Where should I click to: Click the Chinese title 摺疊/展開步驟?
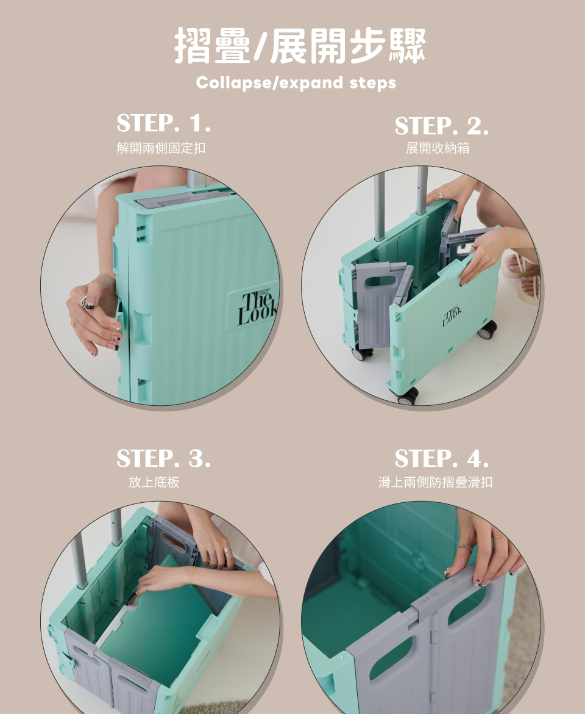(x=300, y=46)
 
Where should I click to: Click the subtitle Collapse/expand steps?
(x=296, y=83)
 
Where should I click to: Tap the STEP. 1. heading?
(x=164, y=123)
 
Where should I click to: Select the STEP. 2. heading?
(x=441, y=126)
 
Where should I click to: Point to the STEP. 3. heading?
(x=164, y=458)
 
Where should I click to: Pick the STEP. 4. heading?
(x=441, y=458)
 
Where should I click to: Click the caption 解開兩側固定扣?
(x=161, y=148)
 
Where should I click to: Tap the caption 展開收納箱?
(x=438, y=148)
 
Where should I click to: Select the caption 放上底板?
(x=154, y=482)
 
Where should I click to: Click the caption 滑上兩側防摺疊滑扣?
(x=435, y=482)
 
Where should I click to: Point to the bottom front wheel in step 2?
(x=407, y=395)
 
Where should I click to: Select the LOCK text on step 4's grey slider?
(x=425, y=600)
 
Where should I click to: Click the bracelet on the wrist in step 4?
(x=464, y=547)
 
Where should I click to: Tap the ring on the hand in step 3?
(x=227, y=550)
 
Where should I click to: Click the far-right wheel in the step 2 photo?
(x=487, y=330)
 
